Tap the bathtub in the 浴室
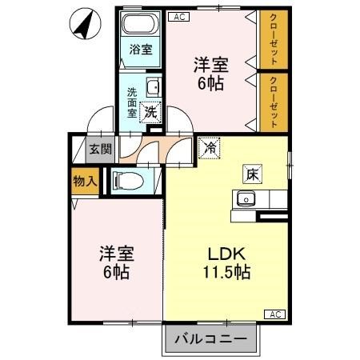141,25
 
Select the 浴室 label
141,50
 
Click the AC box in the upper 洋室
178,14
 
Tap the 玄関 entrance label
100,149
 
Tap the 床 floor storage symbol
250,173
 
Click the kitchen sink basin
243,198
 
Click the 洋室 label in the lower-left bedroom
116,253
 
